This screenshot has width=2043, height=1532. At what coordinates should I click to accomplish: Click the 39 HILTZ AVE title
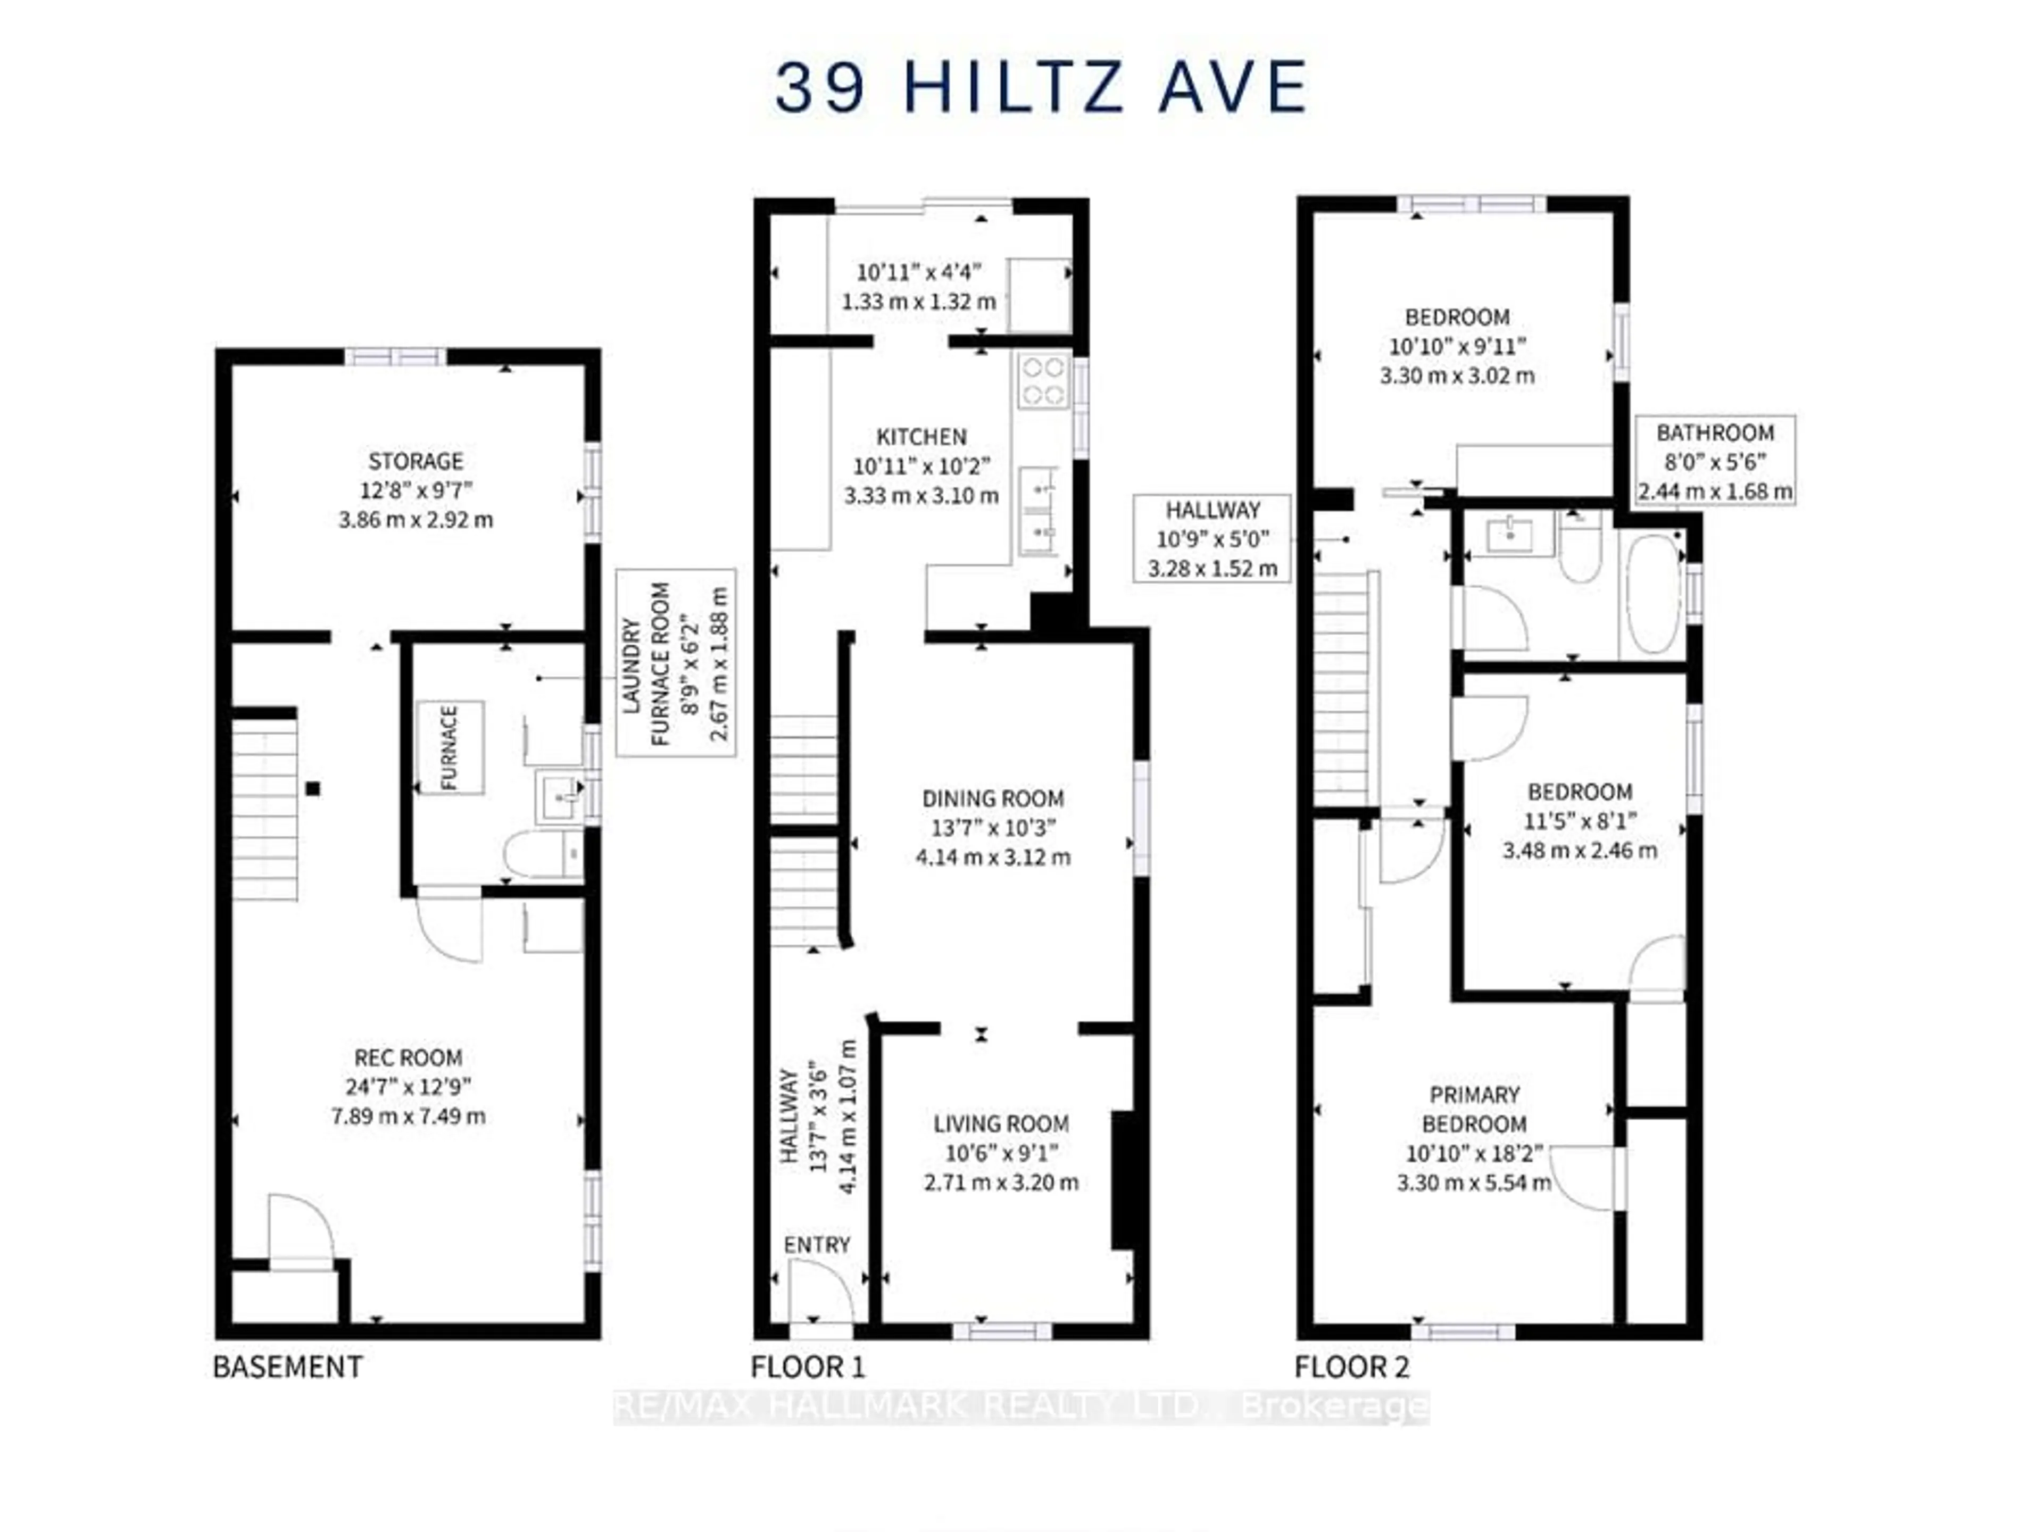[1041, 88]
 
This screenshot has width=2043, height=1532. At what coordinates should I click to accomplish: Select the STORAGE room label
[416, 461]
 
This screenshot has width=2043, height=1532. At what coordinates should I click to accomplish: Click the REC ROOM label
[408, 1058]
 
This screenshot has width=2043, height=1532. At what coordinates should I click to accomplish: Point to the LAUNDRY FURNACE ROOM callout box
[676, 662]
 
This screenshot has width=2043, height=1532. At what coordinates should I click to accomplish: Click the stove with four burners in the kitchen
[1044, 381]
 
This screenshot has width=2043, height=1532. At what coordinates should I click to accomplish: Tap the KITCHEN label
[921, 437]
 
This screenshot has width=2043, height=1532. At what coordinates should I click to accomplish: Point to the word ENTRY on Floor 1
[817, 1245]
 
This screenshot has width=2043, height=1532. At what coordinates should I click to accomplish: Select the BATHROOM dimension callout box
[1715, 461]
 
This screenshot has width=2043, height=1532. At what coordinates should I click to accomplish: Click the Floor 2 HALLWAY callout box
[1212, 538]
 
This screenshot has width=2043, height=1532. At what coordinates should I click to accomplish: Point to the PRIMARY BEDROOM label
[1474, 1109]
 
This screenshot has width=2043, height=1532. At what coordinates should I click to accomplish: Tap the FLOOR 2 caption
[1351, 1367]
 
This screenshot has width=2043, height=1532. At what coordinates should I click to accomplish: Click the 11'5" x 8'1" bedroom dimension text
[1580, 821]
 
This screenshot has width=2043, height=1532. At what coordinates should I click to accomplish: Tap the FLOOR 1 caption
[808, 1367]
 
